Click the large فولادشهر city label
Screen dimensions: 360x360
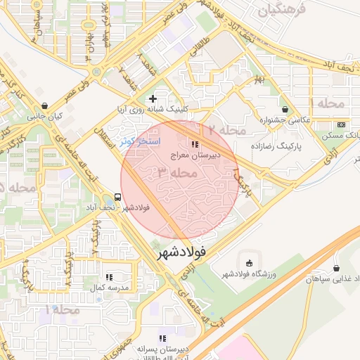[x=181, y=251]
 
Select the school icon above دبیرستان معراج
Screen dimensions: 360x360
[x=195, y=124]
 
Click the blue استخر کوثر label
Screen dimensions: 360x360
[x=141, y=141]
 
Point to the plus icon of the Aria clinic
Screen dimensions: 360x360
[x=153, y=98]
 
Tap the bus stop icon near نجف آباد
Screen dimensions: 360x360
[x=117, y=198]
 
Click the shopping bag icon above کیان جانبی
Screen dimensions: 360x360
[x=45, y=105]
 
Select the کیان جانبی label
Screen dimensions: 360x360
[x=45, y=116]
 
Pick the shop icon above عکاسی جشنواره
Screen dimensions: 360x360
[x=285, y=109]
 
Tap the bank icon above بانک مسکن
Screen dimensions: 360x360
[x=342, y=124]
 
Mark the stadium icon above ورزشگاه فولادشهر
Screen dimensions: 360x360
[x=247, y=263]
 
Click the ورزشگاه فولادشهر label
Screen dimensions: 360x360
[x=247, y=273]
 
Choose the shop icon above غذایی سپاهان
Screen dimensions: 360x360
[x=336, y=268]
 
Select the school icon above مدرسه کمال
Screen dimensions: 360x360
[x=109, y=278]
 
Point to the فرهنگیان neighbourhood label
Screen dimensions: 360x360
[x=282, y=11]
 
